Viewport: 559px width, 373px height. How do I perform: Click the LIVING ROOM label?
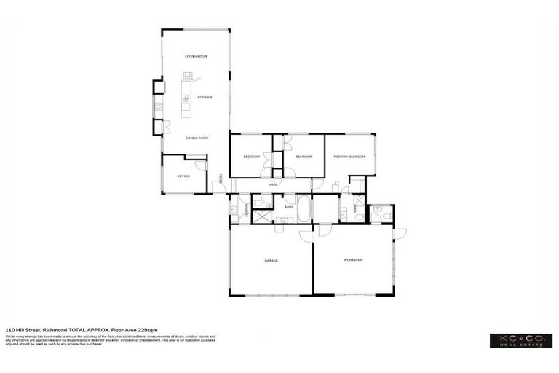(196, 56)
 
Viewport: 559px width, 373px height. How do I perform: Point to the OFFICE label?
(183, 176)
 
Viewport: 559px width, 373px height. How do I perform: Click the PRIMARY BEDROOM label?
(349, 157)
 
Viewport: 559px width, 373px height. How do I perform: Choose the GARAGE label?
(271, 260)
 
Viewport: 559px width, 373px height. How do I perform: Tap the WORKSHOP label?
(353, 260)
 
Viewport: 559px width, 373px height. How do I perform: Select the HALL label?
(274, 184)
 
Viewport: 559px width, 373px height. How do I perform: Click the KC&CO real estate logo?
(520, 340)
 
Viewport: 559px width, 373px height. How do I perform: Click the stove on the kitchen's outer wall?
(156, 109)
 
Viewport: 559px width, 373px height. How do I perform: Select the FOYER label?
(221, 178)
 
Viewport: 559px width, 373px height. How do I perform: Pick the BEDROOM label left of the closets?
(251, 157)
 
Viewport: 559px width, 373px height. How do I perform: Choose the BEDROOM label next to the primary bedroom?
(304, 157)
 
